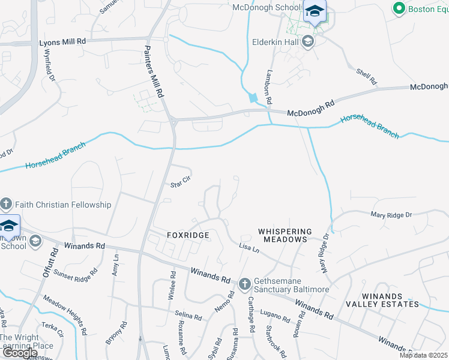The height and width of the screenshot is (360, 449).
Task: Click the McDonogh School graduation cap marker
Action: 315,12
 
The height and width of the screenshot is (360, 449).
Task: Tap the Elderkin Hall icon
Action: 308,41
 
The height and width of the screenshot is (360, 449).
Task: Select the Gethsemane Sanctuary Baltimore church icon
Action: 245,284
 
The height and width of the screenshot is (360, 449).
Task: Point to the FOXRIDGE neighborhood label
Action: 179,236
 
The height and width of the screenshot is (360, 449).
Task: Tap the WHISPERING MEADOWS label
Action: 285,235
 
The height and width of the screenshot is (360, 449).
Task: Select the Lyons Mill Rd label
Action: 63,43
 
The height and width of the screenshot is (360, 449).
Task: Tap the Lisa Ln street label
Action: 249,248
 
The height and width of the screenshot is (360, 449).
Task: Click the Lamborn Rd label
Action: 270,86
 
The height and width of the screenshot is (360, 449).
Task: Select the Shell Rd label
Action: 366,76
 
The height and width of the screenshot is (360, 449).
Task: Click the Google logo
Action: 20,353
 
